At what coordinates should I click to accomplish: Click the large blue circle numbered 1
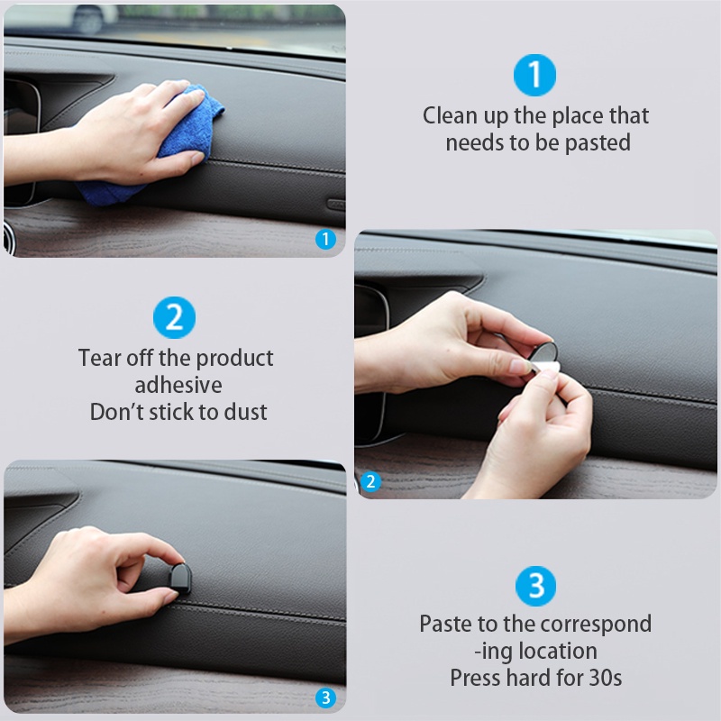[x=534, y=75]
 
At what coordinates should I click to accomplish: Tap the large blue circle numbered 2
[x=174, y=317]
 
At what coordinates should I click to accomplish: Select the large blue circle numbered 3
[x=535, y=586]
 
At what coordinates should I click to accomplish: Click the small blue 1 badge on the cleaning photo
[x=325, y=239]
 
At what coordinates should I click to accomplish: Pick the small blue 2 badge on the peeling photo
[x=370, y=482]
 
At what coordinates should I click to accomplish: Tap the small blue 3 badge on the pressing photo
[x=325, y=698]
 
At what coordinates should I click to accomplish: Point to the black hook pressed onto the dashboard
[x=179, y=580]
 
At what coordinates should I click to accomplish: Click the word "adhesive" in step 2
[x=178, y=385]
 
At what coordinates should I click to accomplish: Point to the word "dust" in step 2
[x=245, y=412]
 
